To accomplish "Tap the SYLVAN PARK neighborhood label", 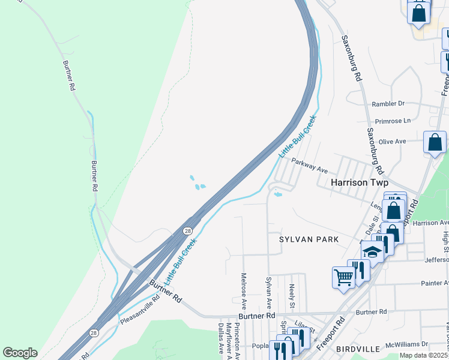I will [x=309, y=239].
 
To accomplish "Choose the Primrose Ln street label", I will [x=391, y=120].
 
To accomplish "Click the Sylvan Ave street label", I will [x=269, y=293].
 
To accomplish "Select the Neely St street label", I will [x=292, y=296].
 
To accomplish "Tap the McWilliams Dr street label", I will [x=406, y=344].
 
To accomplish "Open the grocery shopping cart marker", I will [x=343, y=277].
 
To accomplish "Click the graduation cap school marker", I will [x=372, y=251].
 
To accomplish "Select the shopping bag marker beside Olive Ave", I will [x=435, y=143].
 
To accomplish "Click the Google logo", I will [x=20, y=353].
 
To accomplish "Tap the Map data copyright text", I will [x=424, y=355].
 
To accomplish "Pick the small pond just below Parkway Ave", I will [x=278, y=194].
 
